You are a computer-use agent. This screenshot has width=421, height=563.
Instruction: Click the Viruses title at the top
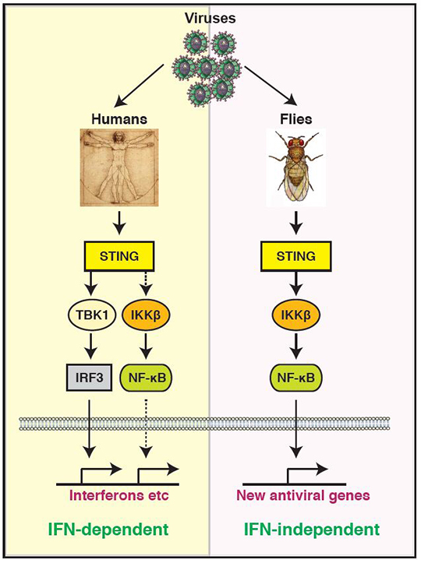(210, 19)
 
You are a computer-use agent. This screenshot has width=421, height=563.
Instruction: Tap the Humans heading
(119, 119)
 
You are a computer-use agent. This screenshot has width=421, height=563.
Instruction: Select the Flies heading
(296, 119)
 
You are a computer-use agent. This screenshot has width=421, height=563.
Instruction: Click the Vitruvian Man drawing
(119, 167)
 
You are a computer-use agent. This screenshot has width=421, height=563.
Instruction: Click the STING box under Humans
(119, 256)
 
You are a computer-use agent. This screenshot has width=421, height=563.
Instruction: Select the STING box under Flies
(296, 256)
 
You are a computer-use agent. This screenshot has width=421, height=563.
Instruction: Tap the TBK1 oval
(92, 315)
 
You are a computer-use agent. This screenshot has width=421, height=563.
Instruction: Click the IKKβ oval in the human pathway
(146, 315)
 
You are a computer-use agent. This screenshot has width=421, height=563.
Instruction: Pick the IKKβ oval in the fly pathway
(296, 315)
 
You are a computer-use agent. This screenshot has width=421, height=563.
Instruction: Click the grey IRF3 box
(89, 378)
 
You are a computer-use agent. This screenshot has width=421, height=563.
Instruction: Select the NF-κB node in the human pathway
(147, 378)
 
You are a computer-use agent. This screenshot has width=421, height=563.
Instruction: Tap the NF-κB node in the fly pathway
(296, 378)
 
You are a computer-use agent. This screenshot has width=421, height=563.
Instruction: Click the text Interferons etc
(119, 495)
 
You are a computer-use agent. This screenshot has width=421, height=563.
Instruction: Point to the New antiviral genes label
(303, 495)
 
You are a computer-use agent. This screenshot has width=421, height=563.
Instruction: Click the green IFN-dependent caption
(108, 530)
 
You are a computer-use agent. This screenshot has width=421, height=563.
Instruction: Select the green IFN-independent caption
(312, 530)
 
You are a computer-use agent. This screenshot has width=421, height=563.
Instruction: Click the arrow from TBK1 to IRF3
(92, 346)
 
